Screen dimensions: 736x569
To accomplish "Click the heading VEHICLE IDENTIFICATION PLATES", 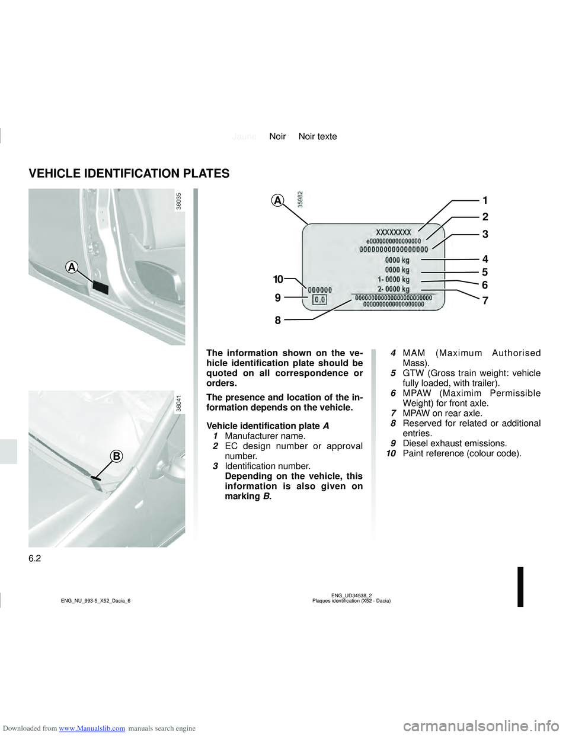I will (129, 174).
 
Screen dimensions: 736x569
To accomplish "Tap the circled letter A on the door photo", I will (72, 268).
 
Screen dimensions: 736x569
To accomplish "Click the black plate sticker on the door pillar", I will (101, 288).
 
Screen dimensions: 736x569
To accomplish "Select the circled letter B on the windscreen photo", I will (117, 456).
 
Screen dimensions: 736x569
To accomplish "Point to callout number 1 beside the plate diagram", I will (485, 200).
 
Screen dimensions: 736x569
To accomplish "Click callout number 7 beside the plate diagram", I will (485, 301).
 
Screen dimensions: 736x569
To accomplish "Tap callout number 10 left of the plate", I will (278, 279).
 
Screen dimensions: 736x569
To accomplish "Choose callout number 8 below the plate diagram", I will (277, 321).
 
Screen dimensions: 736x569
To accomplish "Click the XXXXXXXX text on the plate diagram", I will (394, 233).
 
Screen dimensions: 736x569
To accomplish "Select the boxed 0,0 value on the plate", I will (319, 300).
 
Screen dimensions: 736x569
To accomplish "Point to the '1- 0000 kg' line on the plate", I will (394, 279).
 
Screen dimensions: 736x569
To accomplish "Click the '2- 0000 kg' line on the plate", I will (394, 289).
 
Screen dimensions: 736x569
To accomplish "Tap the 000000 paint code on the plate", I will (319, 290).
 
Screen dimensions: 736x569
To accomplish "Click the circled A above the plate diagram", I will (277, 200).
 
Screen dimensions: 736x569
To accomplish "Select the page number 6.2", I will (35, 558).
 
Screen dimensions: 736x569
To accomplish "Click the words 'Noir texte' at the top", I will (318, 136).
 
